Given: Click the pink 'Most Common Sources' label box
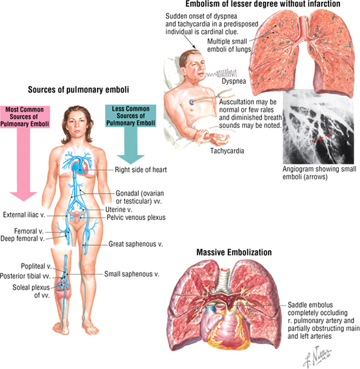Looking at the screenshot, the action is tap(24, 117).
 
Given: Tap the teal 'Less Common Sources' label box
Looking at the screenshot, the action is tap(130, 116).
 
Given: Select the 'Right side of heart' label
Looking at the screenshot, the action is tap(141, 170).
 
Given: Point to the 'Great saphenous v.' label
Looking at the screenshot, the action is tap(136, 244).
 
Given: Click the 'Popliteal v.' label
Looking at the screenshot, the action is tap(36, 266).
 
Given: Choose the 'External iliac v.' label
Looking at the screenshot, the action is tap(24, 215).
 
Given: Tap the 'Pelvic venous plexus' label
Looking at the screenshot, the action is tap(136, 217).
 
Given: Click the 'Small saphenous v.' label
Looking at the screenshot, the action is tap(132, 274).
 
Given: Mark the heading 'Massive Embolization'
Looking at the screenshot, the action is tap(234, 252).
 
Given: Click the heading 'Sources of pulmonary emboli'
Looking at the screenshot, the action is tap(78, 89).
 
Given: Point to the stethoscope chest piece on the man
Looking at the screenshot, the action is tap(192, 102).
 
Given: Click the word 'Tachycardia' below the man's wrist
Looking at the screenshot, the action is tap(227, 150).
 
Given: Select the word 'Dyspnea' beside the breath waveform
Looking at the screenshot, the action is tap(234, 81).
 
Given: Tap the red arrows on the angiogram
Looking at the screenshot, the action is tap(322, 137).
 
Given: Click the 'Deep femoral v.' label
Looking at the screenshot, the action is tap(22, 239).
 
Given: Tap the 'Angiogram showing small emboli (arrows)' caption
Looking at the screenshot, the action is tap(319, 173).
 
